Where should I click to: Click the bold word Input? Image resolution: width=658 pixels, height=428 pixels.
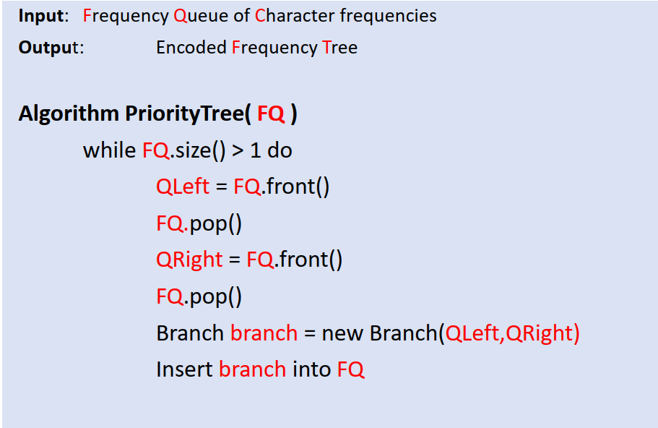coord(40,15)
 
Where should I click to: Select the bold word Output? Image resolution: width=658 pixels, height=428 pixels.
coord(48,48)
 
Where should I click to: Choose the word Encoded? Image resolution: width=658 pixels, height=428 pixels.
coord(191,48)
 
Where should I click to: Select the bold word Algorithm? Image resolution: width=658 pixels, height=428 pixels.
coord(69,114)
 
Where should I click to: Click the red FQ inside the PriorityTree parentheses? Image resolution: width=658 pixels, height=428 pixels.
coord(271,114)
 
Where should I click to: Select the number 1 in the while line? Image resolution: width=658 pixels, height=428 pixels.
coord(255,150)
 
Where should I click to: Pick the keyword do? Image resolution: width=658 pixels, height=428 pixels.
coord(280,150)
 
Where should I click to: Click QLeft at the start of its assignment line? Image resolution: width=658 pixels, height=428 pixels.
coord(182,186)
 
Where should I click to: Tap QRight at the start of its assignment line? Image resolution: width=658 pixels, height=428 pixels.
coord(189,259)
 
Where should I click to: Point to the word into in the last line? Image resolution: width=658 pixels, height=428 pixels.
coord(311,369)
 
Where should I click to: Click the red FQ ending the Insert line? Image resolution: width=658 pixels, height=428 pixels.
coord(350,369)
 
